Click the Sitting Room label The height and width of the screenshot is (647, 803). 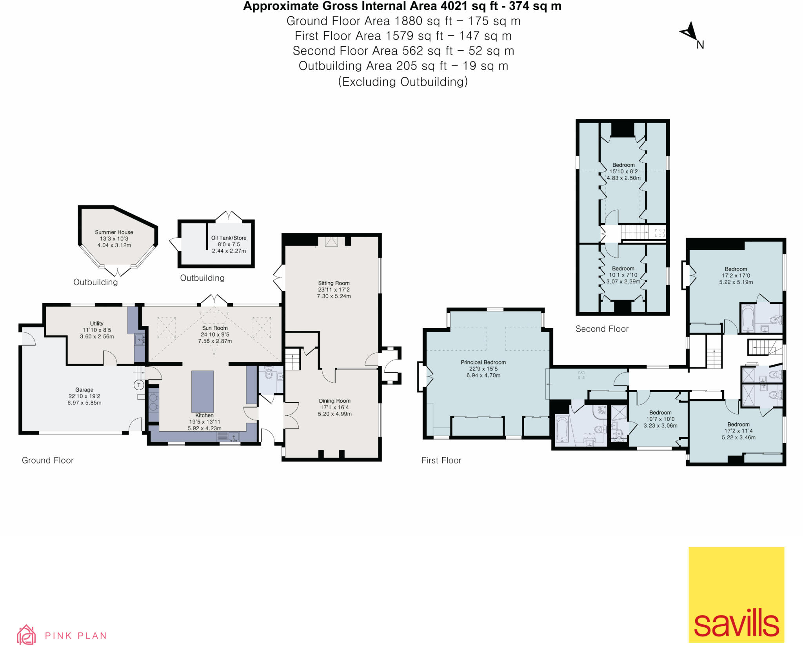(334, 283)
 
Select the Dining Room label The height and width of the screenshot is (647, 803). (334, 401)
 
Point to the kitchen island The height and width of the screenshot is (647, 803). (203, 391)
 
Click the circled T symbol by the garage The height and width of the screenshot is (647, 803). (138, 385)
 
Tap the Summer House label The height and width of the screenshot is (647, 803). (114, 232)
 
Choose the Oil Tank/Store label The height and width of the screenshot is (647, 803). (229, 238)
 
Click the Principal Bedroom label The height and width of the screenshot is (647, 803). (483, 362)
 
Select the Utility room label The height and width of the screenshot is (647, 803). (96, 323)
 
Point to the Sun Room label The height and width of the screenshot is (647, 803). (215, 328)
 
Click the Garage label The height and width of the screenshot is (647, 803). (84, 390)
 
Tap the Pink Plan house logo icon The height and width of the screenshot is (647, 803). (26, 635)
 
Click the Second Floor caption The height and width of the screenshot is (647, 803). (602, 329)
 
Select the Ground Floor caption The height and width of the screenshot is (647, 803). (47, 460)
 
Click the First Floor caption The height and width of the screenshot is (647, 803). (441, 460)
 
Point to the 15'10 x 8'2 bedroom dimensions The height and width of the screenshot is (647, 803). (623, 171)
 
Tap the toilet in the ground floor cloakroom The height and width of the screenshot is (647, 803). (269, 373)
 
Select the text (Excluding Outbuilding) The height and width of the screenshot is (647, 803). (403, 82)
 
